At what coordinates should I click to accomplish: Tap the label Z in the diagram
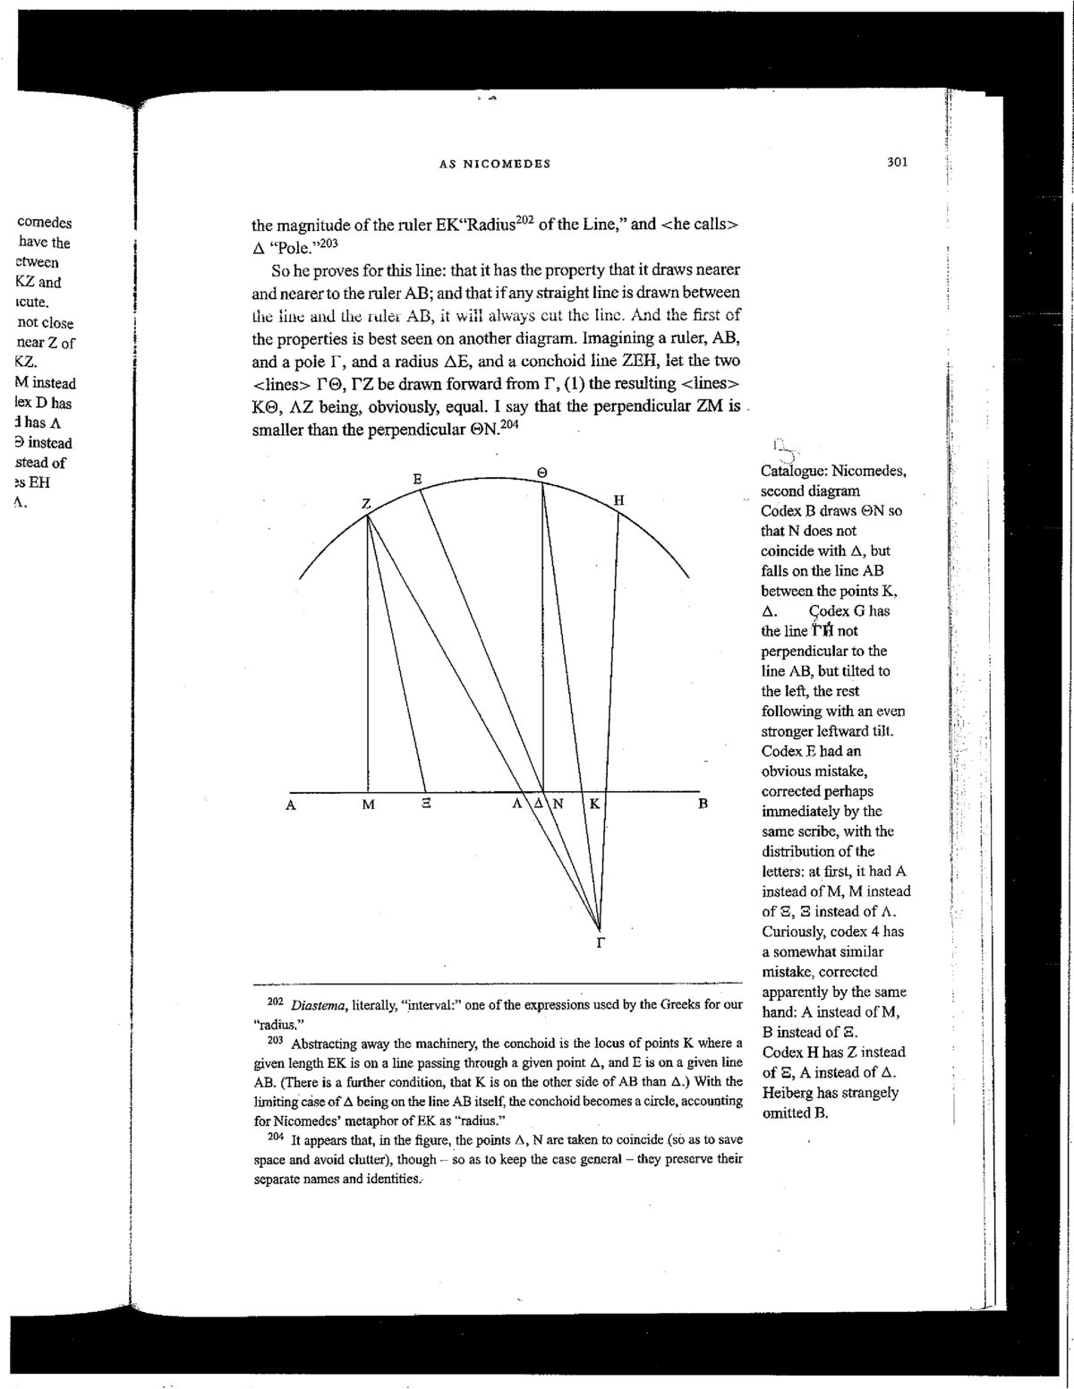pyautogui.click(x=366, y=504)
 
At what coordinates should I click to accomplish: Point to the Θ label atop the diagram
pyautogui.click(x=541, y=473)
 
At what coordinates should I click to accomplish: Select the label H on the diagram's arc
pyautogui.click(x=618, y=501)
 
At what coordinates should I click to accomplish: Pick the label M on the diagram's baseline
pyautogui.click(x=368, y=805)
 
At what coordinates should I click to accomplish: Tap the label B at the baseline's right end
pyautogui.click(x=703, y=804)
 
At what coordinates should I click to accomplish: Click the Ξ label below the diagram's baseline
pyautogui.click(x=426, y=805)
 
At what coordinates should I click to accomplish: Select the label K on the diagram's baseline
pyautogui.click(x=592, y=804)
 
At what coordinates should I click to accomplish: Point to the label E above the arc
pyautogui.click(x=417, y=480)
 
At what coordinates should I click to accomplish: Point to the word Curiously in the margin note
pyautogui.click(x=793, y=932)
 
